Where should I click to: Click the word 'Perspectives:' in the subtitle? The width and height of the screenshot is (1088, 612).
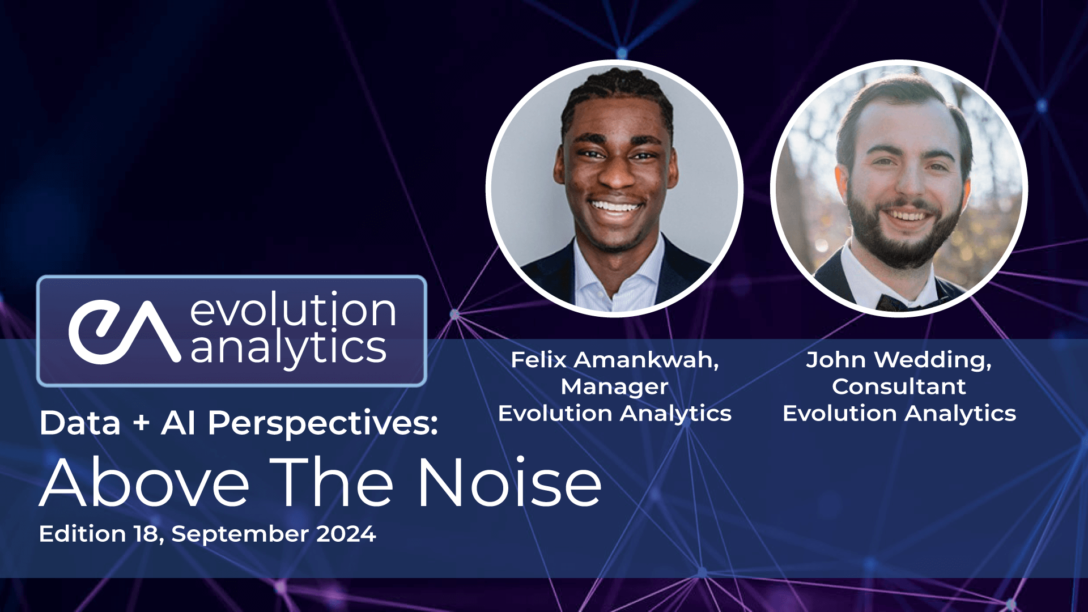click(x=322, y=423)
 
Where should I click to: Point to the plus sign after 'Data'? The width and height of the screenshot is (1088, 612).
click(x=141, y=424)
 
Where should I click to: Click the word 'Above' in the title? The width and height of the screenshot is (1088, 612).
click(x=144, y=483)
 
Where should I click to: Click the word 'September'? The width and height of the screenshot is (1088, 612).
click(x=240, y=534)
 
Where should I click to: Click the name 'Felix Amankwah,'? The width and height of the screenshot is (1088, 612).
click(x=614, y=360)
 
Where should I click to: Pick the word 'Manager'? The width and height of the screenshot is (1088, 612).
click(x=614, y=386)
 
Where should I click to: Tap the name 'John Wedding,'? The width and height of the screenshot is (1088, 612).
click(x=899, y=360)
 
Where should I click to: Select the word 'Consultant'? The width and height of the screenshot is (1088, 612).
click(x=899, y=386)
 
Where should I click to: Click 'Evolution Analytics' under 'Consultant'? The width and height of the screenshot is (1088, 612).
click(x=899, y=413)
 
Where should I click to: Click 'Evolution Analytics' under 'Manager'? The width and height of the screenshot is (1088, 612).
click(x=614, y=413)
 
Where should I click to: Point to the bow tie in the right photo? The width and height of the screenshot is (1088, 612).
click(x=895, y=303)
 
